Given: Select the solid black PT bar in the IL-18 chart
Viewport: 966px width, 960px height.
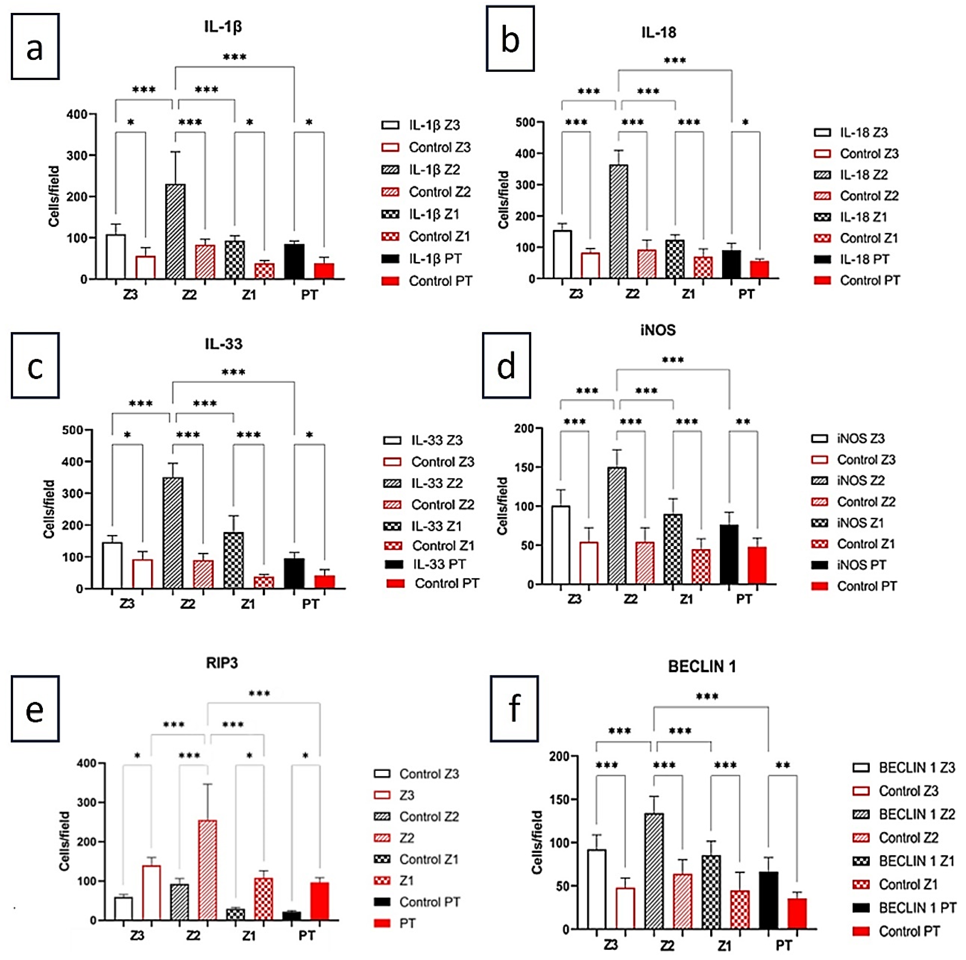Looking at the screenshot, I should click(x=731, y=264).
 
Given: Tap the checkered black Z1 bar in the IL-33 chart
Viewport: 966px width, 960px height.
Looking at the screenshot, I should click(x=233, y=560).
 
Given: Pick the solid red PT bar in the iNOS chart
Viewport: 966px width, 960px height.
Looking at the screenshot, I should click(x=757, y=565).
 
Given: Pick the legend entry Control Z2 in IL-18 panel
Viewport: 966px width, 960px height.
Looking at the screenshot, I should click(x=869, y=196).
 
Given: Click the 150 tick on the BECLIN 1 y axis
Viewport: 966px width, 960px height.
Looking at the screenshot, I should click(x=559, y=800).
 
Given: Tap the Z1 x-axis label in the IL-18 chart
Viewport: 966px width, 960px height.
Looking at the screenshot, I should click(x=688, y=294).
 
